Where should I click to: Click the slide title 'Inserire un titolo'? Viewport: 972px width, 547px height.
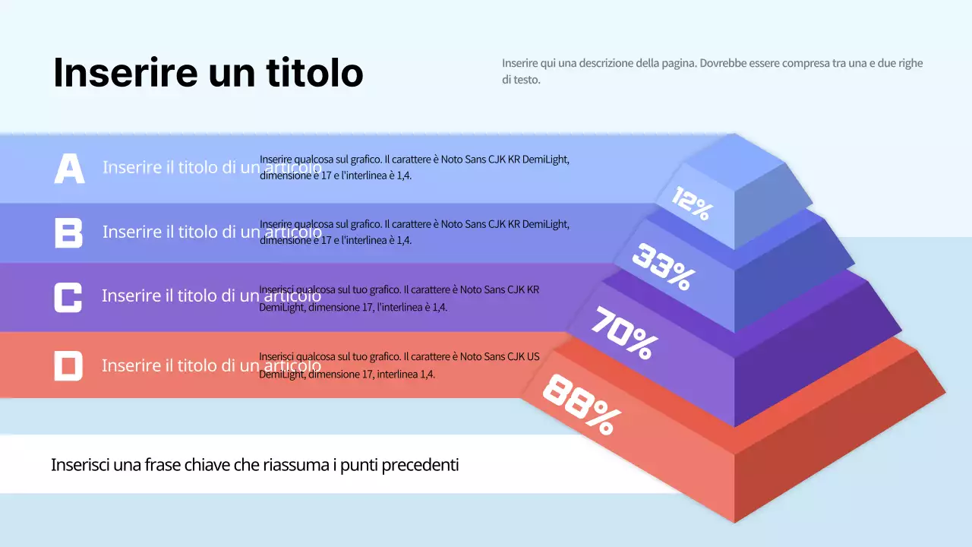208,73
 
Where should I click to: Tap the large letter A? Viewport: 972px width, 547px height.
69,168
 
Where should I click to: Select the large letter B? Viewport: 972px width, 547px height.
68,232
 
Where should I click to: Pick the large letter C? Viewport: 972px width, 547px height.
68,296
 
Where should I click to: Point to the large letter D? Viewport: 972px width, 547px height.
68,365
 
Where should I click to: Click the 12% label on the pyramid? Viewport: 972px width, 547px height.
692,204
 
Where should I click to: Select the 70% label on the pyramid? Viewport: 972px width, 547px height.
624,333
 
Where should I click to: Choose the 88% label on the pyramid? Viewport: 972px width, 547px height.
582,404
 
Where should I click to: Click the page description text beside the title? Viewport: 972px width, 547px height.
712,71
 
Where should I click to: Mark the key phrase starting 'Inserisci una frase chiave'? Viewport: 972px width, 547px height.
254,465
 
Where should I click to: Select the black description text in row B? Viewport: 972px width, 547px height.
414,232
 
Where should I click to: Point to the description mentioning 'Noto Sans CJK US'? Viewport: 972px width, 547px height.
399,365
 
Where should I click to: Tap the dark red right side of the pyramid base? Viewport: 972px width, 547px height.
835,448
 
